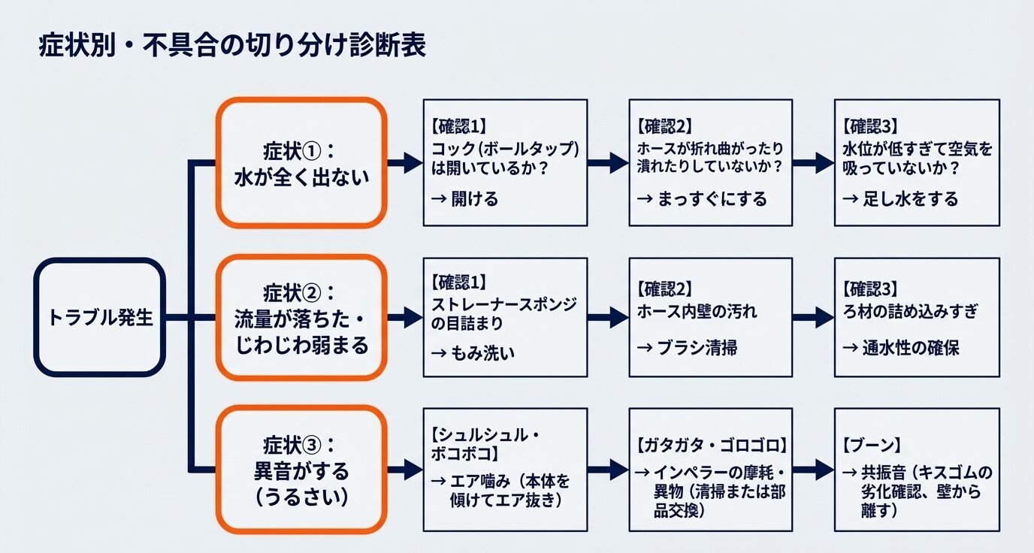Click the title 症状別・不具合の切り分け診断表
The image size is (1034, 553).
232,46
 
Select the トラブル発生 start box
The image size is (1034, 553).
99,317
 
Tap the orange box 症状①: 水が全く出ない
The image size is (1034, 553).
301,162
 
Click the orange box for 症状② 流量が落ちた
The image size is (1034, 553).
301,317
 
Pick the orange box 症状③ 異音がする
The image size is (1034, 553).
301,470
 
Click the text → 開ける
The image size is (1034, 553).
465,198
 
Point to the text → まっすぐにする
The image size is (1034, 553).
702,198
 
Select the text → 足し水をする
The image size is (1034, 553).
900,198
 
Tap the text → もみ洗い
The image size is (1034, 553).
473,352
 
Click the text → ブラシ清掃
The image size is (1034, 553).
687,347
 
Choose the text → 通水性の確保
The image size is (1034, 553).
900,347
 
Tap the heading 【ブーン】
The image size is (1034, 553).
871,443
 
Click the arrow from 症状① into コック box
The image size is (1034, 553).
404,162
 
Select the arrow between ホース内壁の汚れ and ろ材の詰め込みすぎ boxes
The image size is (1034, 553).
813,317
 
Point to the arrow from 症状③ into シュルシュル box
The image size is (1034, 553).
404,470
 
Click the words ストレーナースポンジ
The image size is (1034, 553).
504,304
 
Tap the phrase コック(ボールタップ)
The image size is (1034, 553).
505,148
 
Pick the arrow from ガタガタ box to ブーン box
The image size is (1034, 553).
813,470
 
